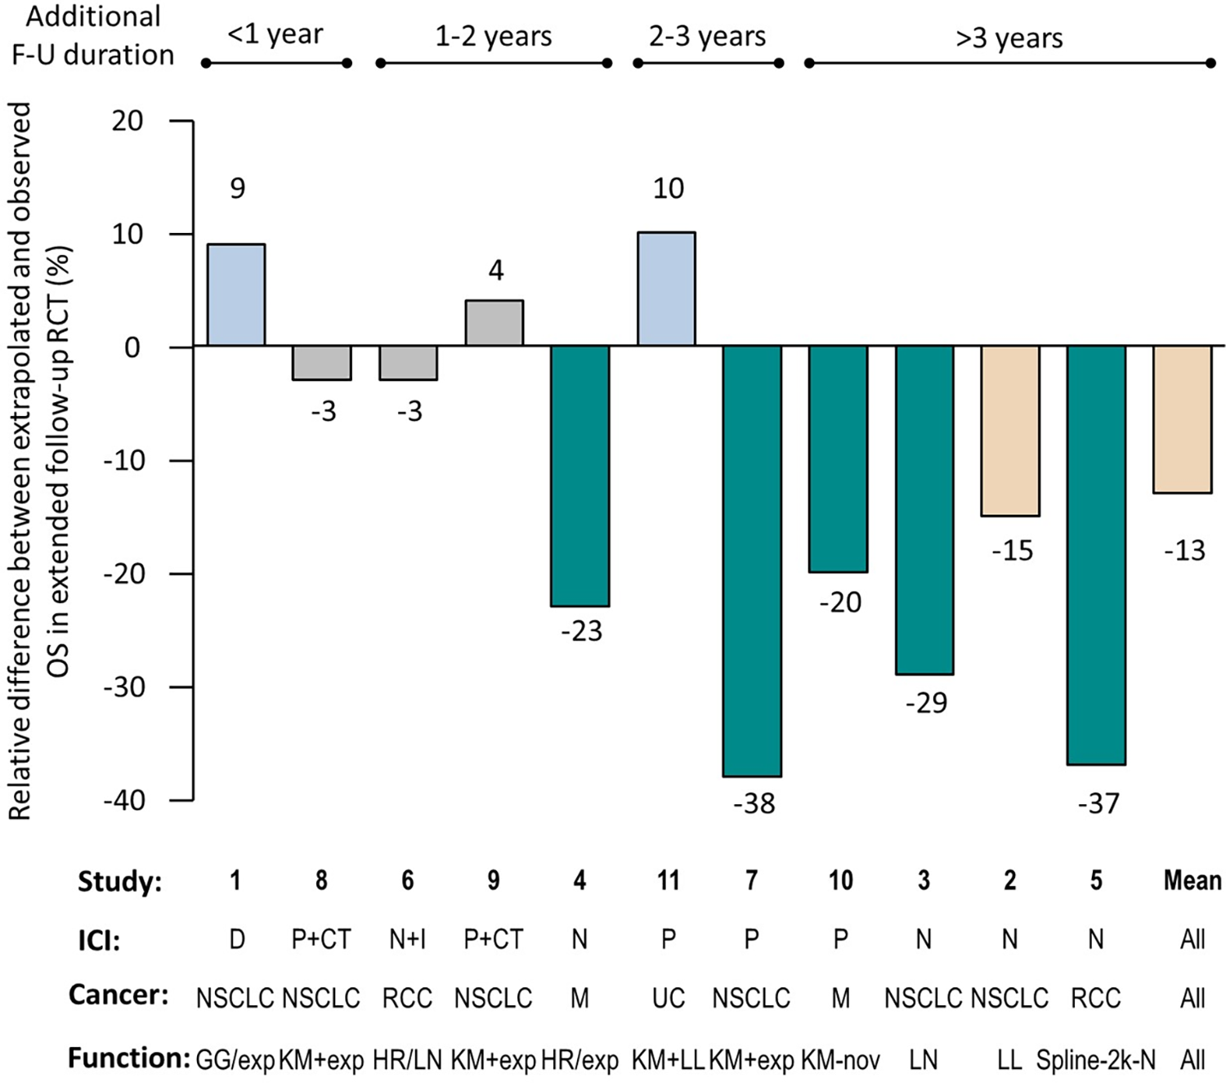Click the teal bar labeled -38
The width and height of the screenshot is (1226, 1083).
tap(752, 561)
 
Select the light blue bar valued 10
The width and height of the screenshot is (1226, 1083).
tap(666, 289)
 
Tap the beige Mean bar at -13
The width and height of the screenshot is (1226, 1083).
tap(1182, 419)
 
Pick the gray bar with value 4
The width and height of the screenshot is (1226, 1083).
tap(494, 323)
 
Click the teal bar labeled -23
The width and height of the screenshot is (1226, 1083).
tap(579, 476)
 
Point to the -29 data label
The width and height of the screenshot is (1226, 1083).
tap(926, 703)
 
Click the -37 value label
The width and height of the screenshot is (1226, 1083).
tap(1098, 803)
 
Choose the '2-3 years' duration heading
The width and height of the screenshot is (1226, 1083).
tap(707, 36)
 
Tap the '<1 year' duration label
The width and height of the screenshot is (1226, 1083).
tap(275, 35)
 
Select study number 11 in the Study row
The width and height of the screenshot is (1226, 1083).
tap(668, 880)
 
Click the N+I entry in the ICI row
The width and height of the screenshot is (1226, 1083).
tap(407, 940)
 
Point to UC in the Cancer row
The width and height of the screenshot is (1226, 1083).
tap(668, 998)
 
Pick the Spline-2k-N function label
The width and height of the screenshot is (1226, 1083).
tap(1096, 1060)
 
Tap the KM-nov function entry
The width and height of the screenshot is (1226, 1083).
tap(840, 1060)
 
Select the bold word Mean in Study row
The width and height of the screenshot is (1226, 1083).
tap(1192, 880)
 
